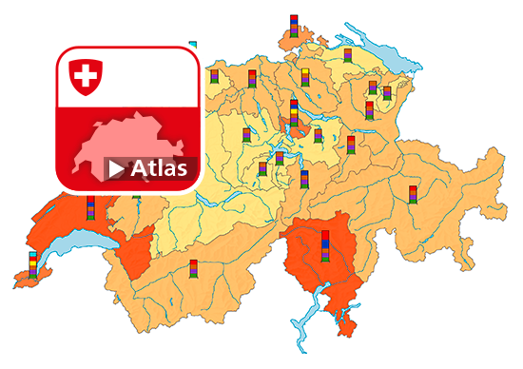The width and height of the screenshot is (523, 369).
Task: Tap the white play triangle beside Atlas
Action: pos(116,169)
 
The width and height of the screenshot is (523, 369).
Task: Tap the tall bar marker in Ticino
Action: pos(326,246)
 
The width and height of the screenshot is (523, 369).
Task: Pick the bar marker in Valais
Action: pos(193,270)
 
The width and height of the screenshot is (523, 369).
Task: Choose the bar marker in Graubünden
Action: pos(413,195)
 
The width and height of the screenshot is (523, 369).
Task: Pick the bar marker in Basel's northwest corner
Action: pos(214,75)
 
